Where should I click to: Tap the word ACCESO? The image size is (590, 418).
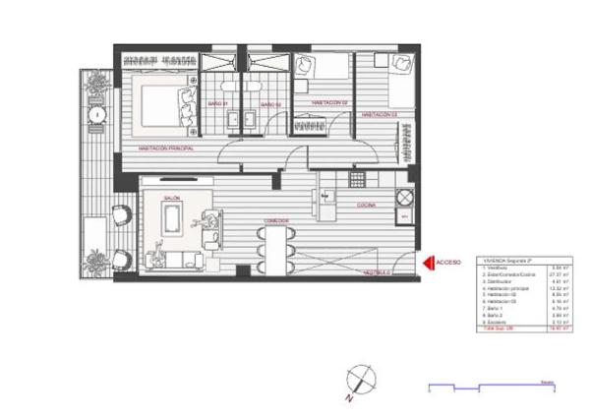(x=448, y=263)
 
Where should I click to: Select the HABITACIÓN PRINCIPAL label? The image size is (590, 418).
(x=165, y=149)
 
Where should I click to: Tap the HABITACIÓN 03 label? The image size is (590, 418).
(x=379, y=114)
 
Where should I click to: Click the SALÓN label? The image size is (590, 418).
(x=171, y=198)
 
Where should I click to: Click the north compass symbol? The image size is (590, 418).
(x=360, y=379)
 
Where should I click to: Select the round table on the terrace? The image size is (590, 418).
(x=97, y=115)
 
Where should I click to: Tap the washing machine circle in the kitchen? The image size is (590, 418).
(x=402, y=194)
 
